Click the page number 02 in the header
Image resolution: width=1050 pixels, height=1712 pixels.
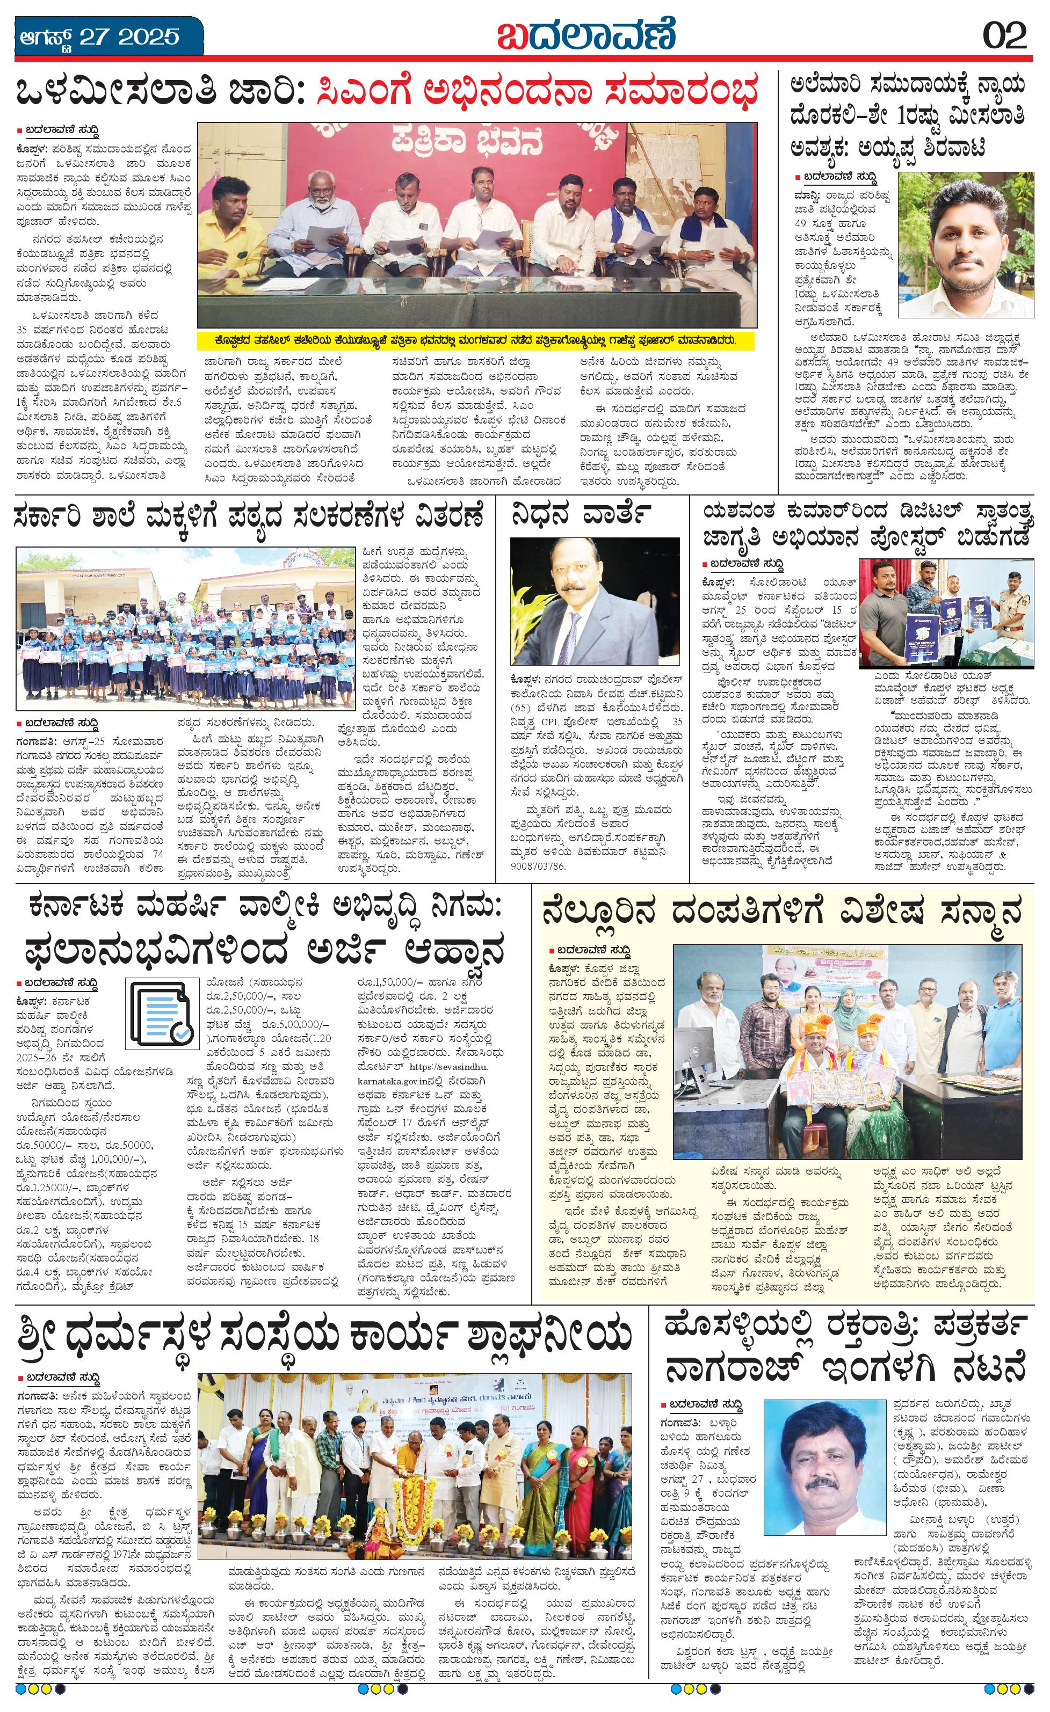[x=1005, y=35]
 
